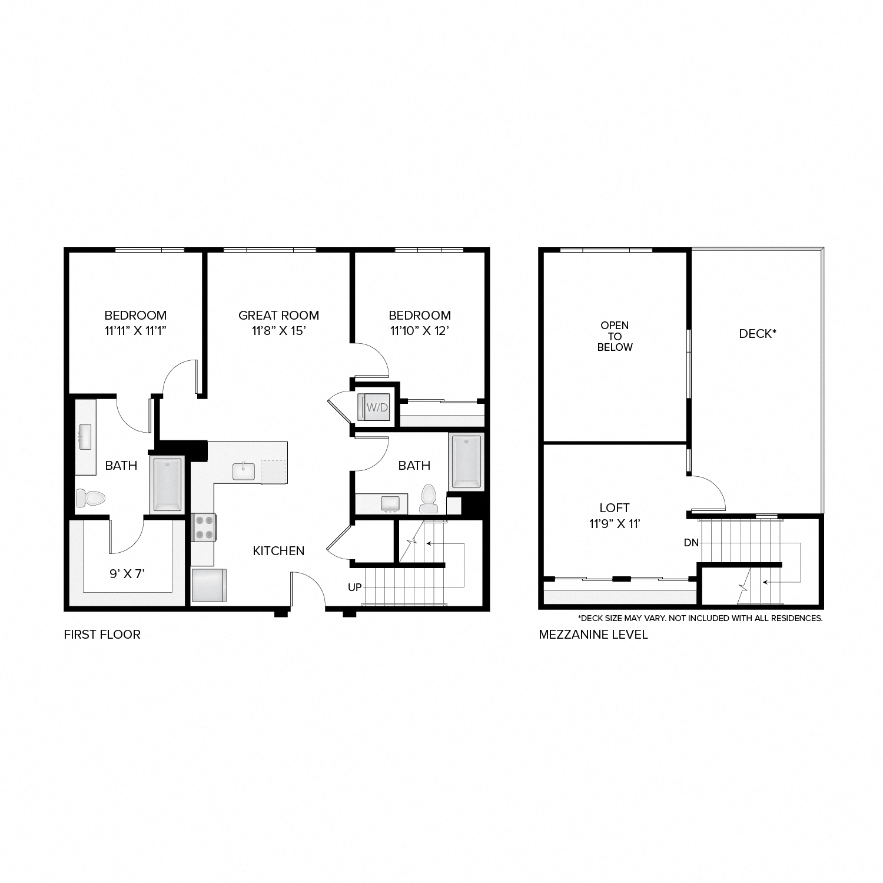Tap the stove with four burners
[x=204, y=527]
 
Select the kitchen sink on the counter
[x=243, y=472]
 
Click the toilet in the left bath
[x=90, y=498]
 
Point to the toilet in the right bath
[x=428, y=499]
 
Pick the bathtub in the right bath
[x=466, y=462]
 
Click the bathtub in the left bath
[x=167, y=484]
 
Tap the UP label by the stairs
[x=354, y=587]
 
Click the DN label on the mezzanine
[x=691, y=543]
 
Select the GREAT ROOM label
[x=278, y=316]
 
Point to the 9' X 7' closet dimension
[x=127, y=573]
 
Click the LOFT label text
[x=615, y=507]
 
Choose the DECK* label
[x=757, y=334]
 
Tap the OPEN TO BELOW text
[x=615, y=336]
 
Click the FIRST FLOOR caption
[x=102, y=635]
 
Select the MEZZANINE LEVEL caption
[x=593, y=635]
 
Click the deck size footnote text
[x=700, y=618]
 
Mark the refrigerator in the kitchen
[x=208, y=585]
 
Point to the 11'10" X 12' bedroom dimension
[x=420, y=331]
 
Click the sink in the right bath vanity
[x=390, y=504]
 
